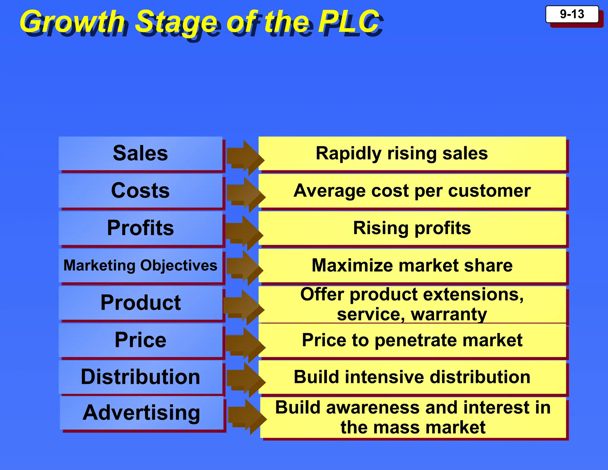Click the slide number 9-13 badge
(572, 14)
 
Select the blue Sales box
(140, 154)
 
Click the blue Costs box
(140, 191)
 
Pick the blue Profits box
(140, 228)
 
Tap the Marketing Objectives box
(140, 265)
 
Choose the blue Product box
(140, 303)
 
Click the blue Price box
(140, 340)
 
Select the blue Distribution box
(140, 377)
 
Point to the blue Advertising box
(141, 413)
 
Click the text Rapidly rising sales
(401, 154)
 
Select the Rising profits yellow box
(412, 228)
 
